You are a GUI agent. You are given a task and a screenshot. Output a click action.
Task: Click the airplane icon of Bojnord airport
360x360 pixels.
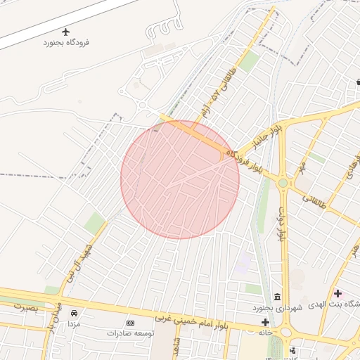coord(67,32)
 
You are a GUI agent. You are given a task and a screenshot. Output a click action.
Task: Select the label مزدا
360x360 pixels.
coord(74,324)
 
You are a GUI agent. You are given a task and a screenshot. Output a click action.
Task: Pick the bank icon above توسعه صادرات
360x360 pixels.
coord(129,323)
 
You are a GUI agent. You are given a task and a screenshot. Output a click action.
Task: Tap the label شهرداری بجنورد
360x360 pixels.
coord(278,308)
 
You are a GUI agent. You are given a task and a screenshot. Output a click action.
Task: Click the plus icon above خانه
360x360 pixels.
coord(264,322)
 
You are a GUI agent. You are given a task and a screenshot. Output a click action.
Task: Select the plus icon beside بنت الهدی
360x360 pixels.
coord(338,293)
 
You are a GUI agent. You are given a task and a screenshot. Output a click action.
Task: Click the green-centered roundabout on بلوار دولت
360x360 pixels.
coord(283,183)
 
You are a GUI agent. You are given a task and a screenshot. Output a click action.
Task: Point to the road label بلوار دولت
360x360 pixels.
coord(281,225)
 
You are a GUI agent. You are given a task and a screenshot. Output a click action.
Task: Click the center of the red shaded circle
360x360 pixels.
coord(180,179)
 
